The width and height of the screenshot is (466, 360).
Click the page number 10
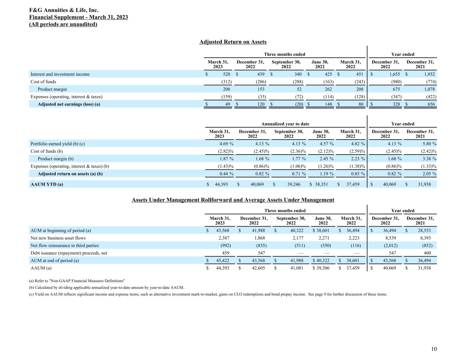point(434,349)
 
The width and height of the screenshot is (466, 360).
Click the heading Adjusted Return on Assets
point(233,42)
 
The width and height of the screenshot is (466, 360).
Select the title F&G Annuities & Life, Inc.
point(64,10)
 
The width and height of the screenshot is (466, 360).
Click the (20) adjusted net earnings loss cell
point(299,104)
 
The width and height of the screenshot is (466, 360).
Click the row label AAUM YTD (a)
point(47,185)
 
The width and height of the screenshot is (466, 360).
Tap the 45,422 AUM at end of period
point(223,261)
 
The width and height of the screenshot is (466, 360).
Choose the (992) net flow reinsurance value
point(225,246)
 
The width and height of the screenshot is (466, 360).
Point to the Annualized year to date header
point(285,124)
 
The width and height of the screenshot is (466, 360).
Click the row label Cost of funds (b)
point(46,151)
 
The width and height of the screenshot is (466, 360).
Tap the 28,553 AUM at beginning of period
point(424,231)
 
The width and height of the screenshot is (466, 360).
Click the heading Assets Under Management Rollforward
point(233,200)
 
